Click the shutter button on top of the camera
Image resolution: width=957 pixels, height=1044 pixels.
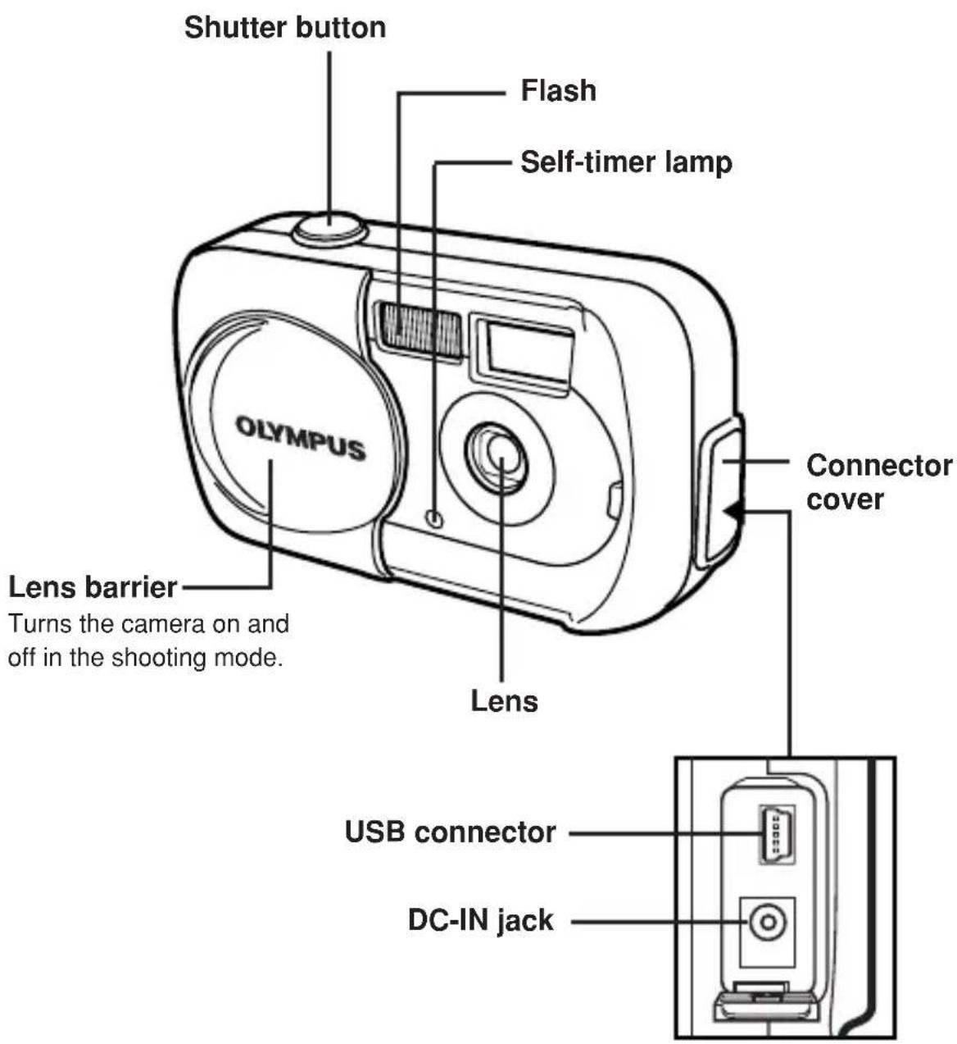pos(331,228)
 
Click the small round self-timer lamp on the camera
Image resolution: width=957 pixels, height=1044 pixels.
pos(434,518)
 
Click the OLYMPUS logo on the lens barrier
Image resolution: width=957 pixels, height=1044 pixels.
pos(300,438)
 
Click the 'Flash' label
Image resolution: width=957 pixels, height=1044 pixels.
pos(558,90)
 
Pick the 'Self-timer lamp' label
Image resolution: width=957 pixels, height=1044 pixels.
pos(626,162)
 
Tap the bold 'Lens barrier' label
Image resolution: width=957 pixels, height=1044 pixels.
pos(93,587)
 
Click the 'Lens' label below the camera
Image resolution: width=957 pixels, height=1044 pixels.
pos(504,700)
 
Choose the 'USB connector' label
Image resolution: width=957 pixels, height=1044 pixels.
pos(451,832)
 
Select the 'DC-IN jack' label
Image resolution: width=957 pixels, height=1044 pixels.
pos(481,921)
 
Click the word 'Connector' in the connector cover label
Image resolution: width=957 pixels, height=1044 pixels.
pos(879,465)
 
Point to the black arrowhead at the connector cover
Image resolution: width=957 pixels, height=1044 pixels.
pos(733,511)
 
